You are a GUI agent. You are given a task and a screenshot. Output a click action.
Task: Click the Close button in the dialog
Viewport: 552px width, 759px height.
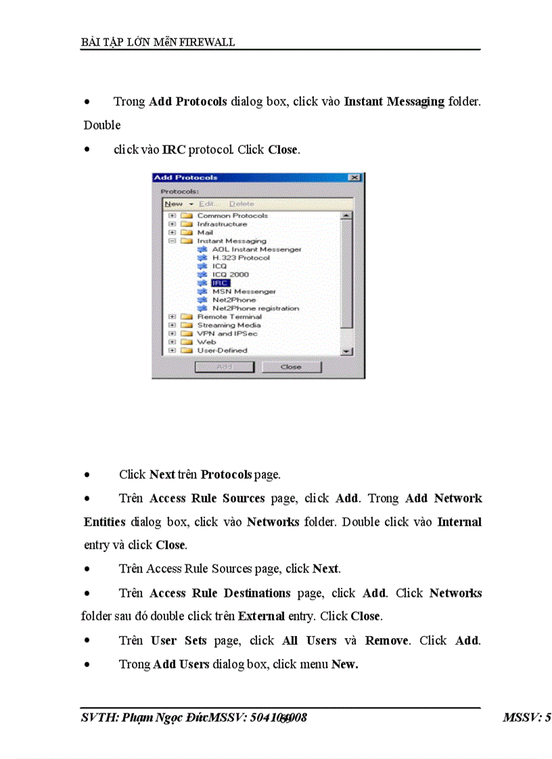click(291, 367)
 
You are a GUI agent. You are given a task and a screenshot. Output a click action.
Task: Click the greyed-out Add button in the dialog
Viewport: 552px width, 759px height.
click(224, 367)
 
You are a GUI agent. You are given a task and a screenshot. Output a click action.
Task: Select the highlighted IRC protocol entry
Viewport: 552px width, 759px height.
click(220, 283)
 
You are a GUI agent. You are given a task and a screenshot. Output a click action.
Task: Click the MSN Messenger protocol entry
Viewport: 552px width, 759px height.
click(244, 291)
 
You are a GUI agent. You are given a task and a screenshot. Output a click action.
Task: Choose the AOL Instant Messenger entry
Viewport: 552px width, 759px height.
click(256, 249)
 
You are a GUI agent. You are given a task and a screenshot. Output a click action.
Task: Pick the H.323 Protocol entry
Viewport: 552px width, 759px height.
click(240, 258)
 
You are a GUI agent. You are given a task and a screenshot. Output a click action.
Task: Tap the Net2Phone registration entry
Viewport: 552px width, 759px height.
click(255, 308)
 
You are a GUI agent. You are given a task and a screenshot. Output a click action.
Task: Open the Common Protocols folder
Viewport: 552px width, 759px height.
click(232, 216)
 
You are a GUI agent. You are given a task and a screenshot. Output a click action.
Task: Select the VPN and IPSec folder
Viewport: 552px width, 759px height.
click(227, 333)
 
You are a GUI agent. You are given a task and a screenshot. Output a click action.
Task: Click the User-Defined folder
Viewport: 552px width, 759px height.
click(222, 350)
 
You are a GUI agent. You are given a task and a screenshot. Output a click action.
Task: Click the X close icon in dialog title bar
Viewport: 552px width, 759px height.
click(354, 178)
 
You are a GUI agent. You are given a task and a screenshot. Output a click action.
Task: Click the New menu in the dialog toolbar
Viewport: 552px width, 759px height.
click(174, 203)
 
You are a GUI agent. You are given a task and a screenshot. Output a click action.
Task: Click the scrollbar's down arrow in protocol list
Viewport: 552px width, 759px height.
click(346, 351)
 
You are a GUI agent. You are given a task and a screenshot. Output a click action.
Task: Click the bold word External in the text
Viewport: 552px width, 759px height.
click(260, 616)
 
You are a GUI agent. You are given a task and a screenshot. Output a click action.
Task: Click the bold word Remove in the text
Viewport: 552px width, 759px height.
click(386, 640)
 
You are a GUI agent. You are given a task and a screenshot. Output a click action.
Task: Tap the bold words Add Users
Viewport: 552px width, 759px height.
click(181, 664)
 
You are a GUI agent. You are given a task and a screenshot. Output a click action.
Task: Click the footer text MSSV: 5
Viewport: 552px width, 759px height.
click(526, 718)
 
